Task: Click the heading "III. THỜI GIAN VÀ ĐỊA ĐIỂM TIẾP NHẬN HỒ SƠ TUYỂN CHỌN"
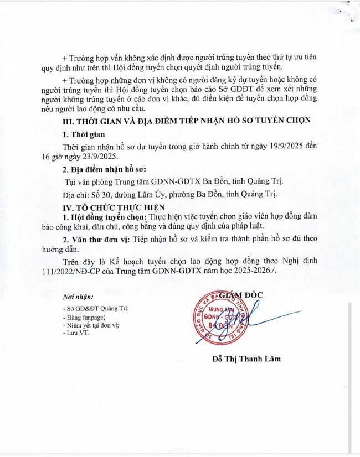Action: pyautogui.click(x=187, y=120)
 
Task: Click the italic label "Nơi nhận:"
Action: pyautogui.click(x=78, y=297)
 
